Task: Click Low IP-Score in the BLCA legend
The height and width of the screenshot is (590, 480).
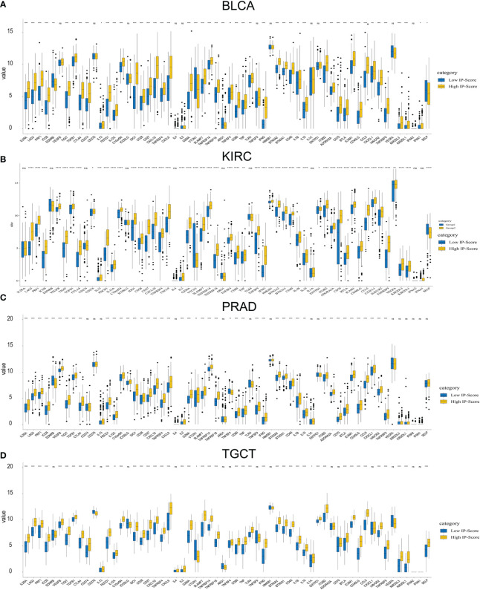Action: (x=455, y=76)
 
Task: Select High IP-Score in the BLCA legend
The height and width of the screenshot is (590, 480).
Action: (x=455, y=86)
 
